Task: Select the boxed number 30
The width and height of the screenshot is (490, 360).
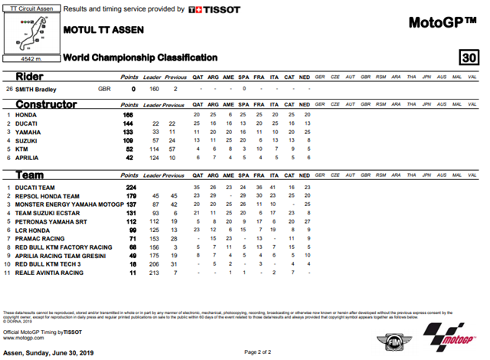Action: [x=468, y=57]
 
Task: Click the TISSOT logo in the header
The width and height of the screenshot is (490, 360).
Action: [x=214, y=10]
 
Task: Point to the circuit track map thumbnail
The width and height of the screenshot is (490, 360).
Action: [x=30, y=34]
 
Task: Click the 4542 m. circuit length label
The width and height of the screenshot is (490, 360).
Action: [x=30, y=58]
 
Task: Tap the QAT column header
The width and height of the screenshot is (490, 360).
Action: [x=198, y=78]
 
